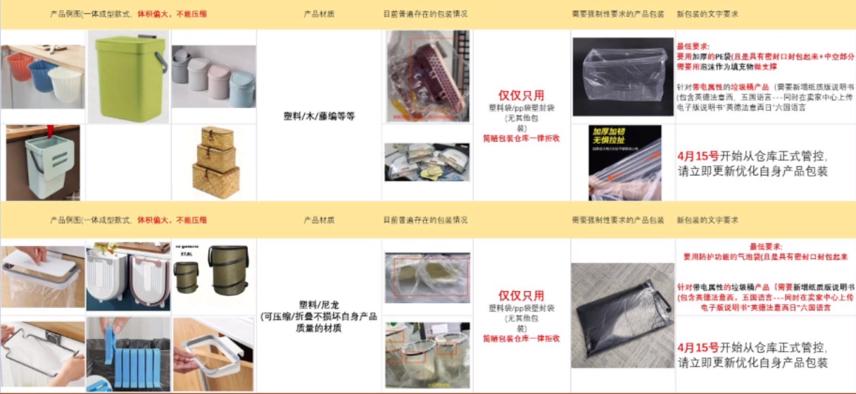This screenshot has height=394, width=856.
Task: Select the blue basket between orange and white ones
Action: [x=42, y=75]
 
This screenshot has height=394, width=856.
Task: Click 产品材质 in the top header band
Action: [x=319, y=13]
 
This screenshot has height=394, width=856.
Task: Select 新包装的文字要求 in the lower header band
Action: [x=707, y=220]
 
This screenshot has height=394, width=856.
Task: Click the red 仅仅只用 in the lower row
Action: [x=521, y=295]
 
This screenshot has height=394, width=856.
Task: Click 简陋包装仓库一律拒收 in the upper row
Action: [x=521, y=138]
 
